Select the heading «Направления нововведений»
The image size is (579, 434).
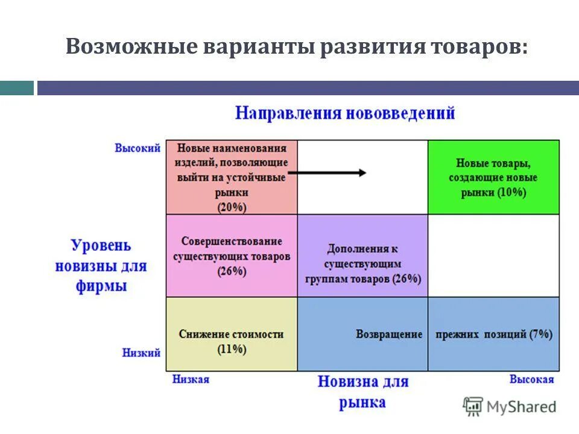(344, 113)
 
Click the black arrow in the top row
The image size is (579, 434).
(326, 173)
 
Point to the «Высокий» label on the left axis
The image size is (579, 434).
(138, 148)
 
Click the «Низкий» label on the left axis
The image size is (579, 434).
(141, 353)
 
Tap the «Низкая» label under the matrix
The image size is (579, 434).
(191, 379)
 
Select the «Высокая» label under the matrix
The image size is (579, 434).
(531, 379)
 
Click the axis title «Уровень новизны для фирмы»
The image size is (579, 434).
(101, 265)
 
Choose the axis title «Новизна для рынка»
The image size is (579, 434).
(362, 391)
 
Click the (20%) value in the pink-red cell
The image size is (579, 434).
(232, 207)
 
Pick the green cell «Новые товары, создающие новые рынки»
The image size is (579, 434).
(493, 177)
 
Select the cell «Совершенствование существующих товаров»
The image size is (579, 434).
(232, 256)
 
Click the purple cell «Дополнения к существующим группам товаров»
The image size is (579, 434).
(362, 263)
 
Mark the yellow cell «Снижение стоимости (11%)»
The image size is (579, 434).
(232, 341)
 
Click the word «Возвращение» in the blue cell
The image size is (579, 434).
(389, 335)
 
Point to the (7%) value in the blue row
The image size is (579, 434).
(540, 335)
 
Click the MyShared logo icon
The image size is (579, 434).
(473, 406)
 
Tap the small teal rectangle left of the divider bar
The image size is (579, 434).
(16, 88)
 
